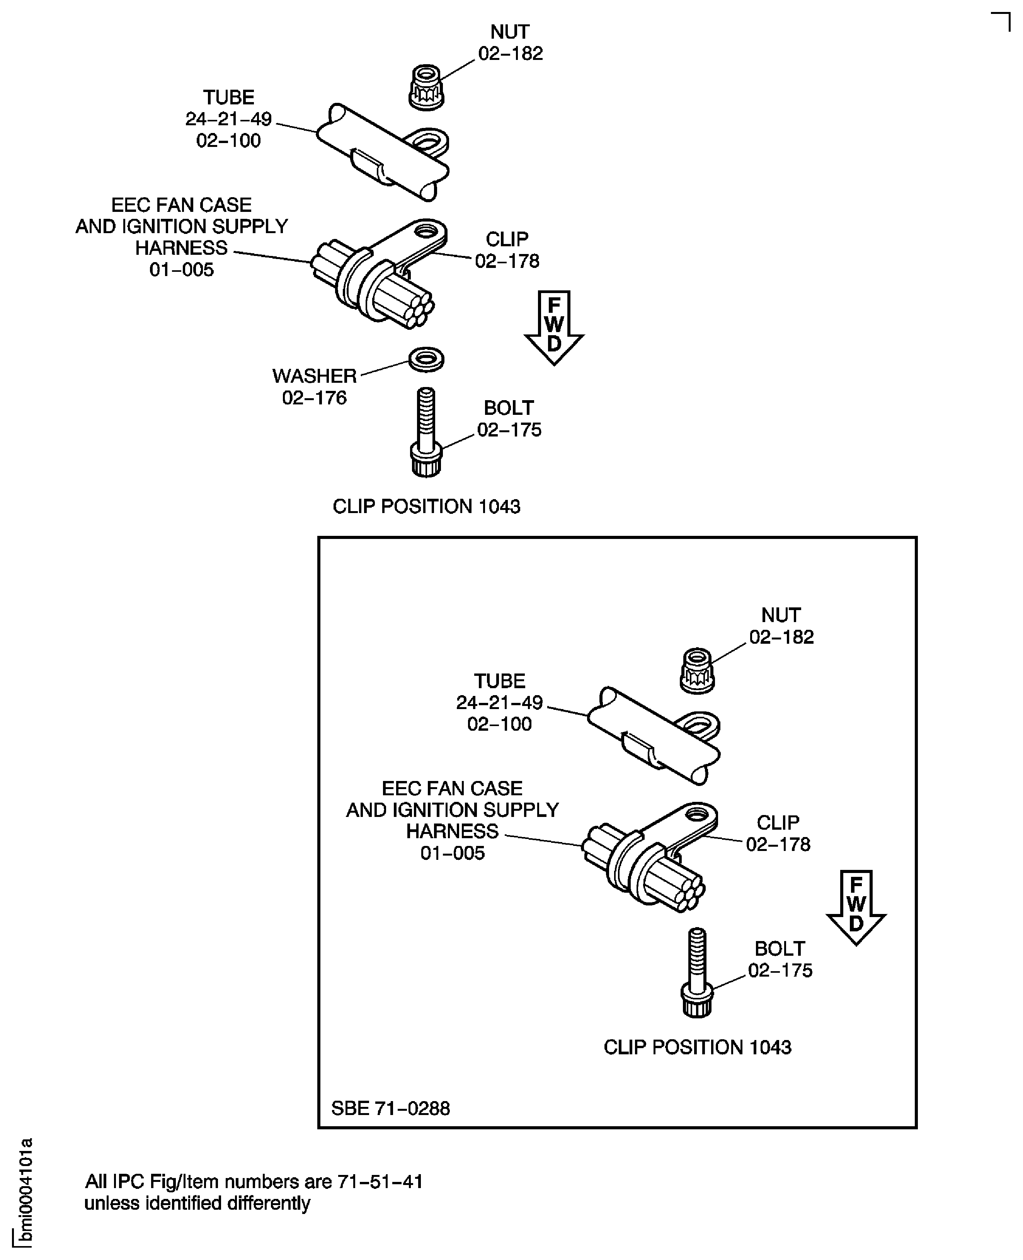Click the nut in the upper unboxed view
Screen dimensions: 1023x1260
point(426,87)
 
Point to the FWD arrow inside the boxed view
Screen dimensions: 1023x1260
point(856,908)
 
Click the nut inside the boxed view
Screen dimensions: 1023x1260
point(697,671)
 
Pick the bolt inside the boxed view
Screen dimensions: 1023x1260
point(697,973)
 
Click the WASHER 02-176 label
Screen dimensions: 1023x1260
point(315,387)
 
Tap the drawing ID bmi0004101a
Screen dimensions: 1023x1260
point(26,1192)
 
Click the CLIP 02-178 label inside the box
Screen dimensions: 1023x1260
point(778,833)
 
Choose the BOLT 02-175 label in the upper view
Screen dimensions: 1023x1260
point(509,419)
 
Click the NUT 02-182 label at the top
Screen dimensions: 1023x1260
point(510,43)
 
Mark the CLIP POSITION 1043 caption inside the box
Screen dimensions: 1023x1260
point(697,1047)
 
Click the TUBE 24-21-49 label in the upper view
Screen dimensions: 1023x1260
point(229,119)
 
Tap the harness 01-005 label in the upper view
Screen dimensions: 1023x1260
point(182,237)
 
